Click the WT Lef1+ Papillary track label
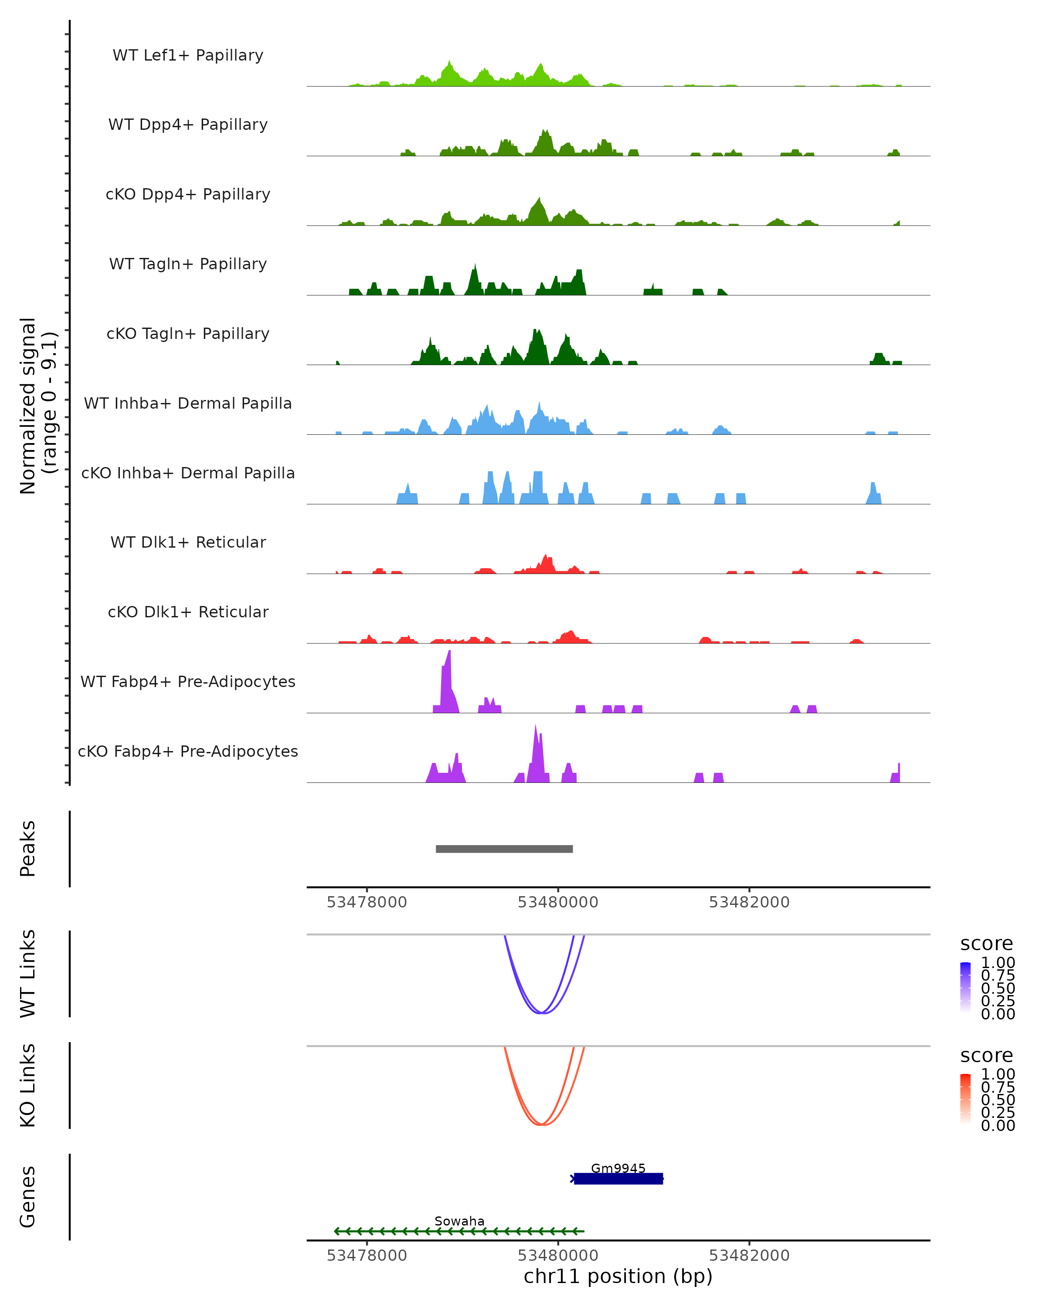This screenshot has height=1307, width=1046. [x=188, y=55]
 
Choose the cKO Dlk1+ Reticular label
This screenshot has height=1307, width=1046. [x=188, y=612]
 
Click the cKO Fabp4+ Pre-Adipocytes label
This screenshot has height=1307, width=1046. [x=188, y=751]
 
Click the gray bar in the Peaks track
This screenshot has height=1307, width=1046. [x=504, y=849]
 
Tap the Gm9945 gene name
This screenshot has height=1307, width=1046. [x=618, y=1168]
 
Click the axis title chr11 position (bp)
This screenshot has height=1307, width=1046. [x=618, y=1277]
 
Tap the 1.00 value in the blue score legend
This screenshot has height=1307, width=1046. [x=998, y=963]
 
